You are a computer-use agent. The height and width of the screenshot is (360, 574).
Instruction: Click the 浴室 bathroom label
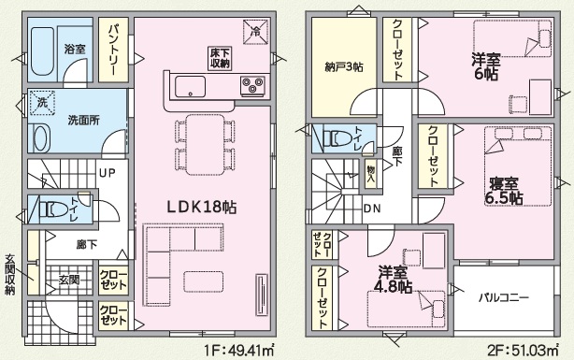coord(75,49)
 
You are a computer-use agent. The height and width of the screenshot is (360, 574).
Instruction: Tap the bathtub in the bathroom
coord(42,51)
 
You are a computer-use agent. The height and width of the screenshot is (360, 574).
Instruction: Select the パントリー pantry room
coord(113,50)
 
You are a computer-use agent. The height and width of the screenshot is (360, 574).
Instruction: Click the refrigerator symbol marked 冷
coord(256,32)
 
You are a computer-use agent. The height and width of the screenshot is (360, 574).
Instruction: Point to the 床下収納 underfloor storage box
coord(220,58)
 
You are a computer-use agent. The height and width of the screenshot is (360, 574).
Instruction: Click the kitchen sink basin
coord(190,86)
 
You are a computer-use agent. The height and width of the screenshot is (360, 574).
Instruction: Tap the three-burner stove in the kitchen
coord(252,86)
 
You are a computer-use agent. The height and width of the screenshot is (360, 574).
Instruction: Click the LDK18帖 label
coord(202,208)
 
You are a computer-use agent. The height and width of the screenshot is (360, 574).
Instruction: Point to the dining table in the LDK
coord(205,145)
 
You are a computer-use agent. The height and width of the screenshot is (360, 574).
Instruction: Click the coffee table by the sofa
coord(204,281)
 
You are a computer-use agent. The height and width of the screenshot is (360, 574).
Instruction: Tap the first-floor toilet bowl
coord(53,209)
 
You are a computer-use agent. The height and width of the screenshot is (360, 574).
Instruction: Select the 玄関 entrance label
coord(69,281)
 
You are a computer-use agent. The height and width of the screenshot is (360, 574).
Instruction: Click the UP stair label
coord(108,172)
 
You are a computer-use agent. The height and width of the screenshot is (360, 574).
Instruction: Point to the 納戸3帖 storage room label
coord(344,67)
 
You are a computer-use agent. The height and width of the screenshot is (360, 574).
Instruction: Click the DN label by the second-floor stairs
coord(372,209)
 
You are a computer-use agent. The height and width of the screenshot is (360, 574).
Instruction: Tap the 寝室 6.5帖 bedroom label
coord(504,191)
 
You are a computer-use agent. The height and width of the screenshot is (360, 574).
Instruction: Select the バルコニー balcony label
coord(504,297)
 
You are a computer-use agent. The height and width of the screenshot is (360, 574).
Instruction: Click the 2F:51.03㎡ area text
coord(524,351)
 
